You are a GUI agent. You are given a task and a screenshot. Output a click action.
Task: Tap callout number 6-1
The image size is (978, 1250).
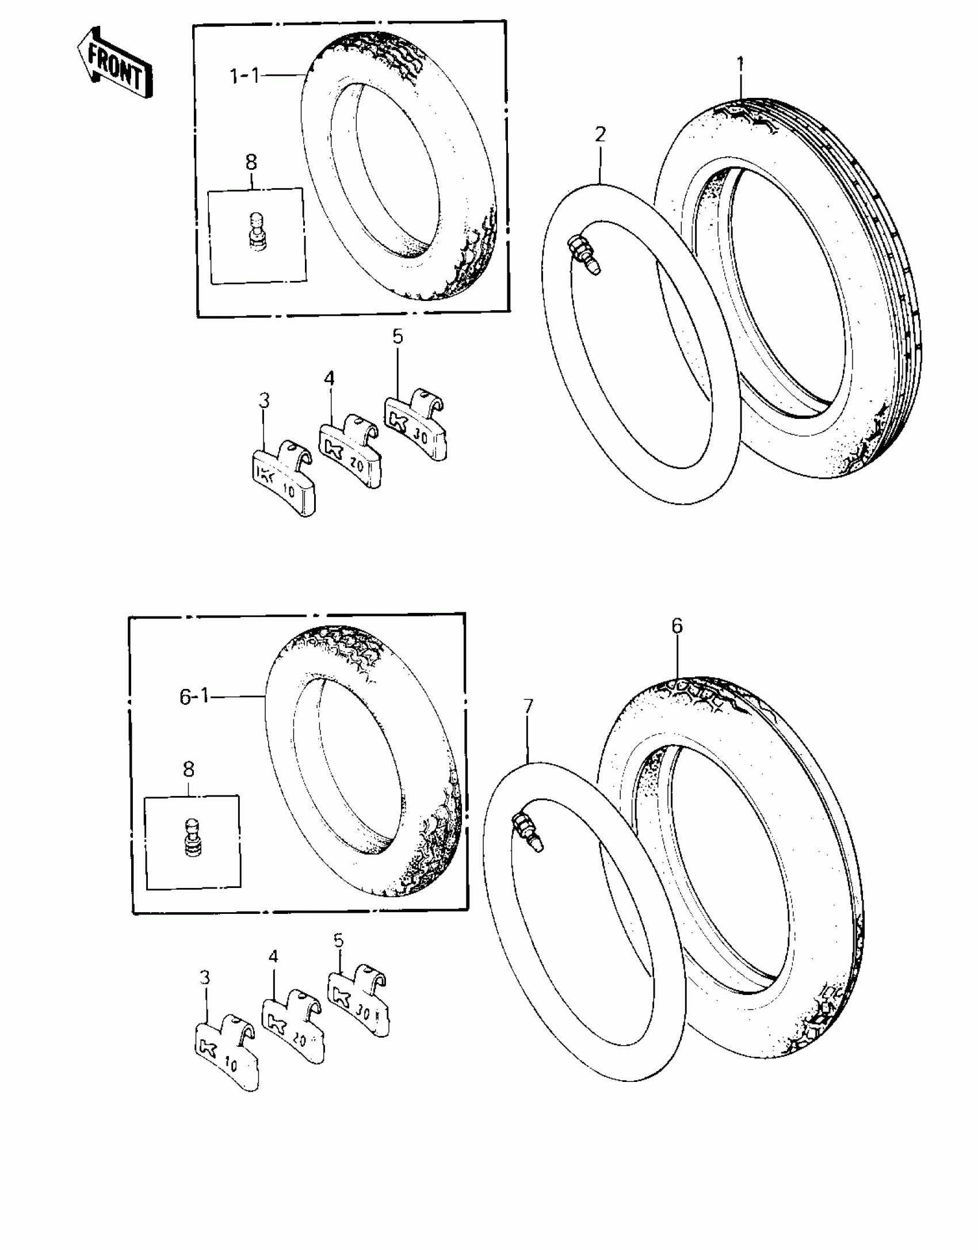pos(194,697)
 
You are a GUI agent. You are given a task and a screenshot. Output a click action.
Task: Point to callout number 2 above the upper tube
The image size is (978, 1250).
pos(600,135)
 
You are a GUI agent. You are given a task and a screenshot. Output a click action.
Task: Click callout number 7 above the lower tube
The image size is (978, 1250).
pos(528,706)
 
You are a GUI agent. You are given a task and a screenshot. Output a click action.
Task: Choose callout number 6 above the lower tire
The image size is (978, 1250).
pos(677,626)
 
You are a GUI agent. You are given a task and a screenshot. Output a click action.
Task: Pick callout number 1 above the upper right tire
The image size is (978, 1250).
pos(740,63)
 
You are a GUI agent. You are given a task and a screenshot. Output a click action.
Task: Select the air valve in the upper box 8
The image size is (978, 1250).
pos(256,231)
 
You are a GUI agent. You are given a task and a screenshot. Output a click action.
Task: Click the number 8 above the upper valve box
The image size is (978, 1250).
pos(251,162)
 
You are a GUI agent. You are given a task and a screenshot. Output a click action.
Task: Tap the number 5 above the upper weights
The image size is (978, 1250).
pos(398,337)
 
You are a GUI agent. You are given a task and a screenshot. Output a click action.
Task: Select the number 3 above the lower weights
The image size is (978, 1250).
pos(205,977)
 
